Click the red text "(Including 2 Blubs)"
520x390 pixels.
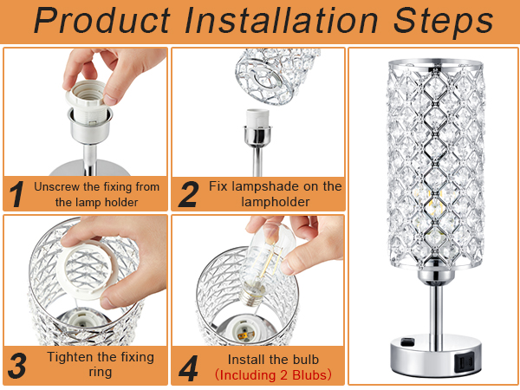click(273, 374)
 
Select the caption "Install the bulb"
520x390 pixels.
click(273, 358)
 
